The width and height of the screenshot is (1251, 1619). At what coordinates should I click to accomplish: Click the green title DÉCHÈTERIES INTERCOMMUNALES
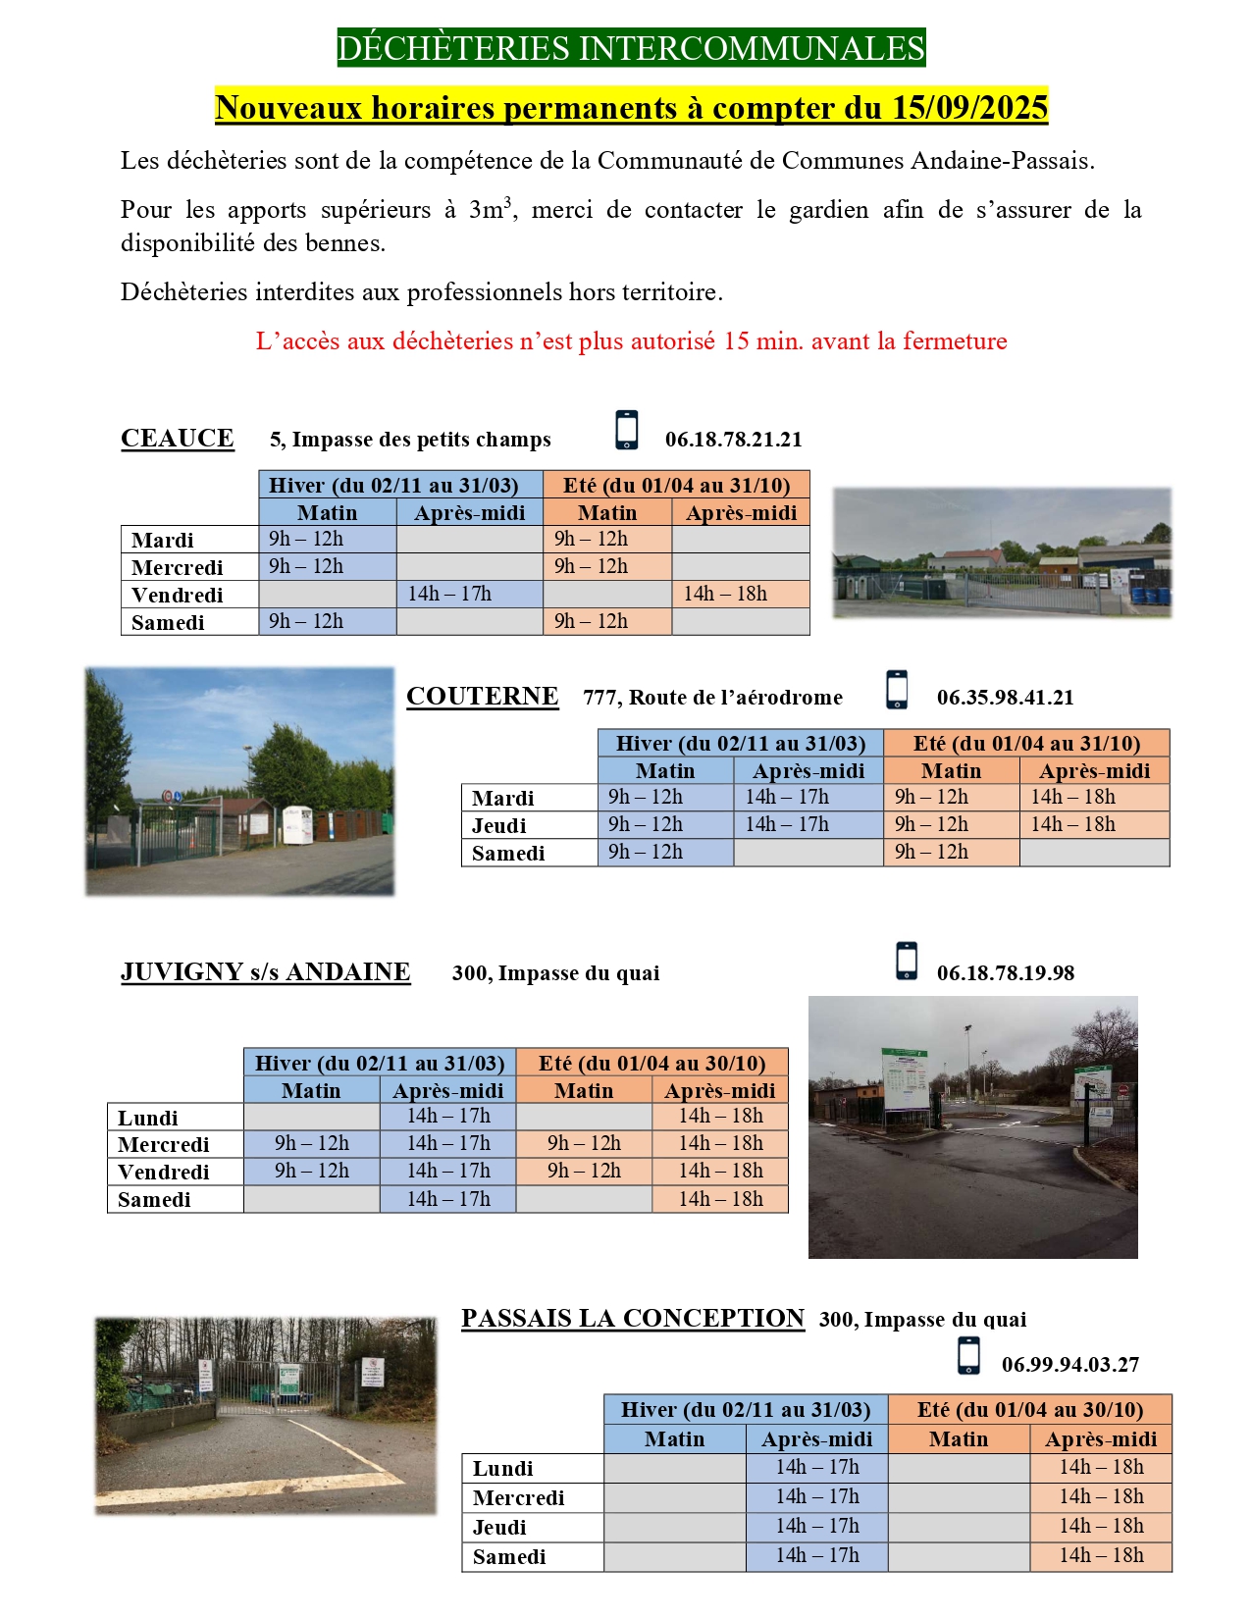pyautogui.click(x=631, y=48)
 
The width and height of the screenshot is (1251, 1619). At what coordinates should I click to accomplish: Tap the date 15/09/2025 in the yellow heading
pyautogui.click(x=969, y=107)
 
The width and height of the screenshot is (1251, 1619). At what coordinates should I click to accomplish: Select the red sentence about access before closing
pyautogui.click(x=631, y=341)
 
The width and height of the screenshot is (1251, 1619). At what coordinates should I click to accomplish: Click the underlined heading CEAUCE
pyautogui.click(x=178, y=438)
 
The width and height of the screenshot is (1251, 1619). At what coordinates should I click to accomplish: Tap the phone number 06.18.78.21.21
pyautogui.click(x=733, y=440)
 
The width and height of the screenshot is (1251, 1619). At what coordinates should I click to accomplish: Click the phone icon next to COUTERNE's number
pyautogui.click(x=897, y=689)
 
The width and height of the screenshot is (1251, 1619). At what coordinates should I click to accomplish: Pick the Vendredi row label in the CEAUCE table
pyautogui.click(x=178, y=595)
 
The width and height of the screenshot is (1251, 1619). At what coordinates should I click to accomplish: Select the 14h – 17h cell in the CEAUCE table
pyautogui.click(x=449, y=594)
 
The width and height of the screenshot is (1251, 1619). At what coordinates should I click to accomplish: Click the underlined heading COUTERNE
pyautogui.click(x=482, y=696)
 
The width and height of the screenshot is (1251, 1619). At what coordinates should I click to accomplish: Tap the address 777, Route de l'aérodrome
pyautogui.click(x=712, y=698)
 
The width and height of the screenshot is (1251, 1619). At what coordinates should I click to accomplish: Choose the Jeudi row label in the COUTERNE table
pyautogui.click(x=499, y=825)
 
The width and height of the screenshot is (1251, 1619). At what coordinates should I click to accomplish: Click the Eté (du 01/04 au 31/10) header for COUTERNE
pyautogui.click(x=1026, y=743)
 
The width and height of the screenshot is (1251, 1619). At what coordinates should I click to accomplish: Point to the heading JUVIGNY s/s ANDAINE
pyautogui.click(x=265, y=971)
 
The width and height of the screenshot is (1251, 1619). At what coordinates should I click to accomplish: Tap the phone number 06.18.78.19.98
pyautogui.click(x=1005, y=973)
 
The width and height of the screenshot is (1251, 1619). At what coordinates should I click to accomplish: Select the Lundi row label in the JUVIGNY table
pyautogui.click(x=148, y=1118)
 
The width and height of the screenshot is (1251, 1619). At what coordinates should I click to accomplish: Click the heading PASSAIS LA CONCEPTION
pyautogui.click(x=633, y=1318)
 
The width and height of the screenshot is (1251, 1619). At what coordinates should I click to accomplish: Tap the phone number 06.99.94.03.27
pyautogui.click(x=1069, y=1365)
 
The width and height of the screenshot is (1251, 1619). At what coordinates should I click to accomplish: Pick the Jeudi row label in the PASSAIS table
pyautogui.click(x=499, y=1527)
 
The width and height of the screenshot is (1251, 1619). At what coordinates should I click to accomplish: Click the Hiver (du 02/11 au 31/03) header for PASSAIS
pyautogui.click(x=746, y=1410)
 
